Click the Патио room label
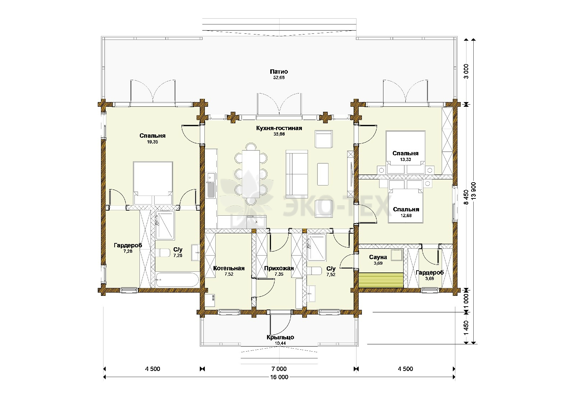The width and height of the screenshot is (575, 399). click(279, 72)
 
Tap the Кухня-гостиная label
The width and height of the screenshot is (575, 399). click(279, 128)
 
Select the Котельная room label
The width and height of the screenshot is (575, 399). click(229, 268)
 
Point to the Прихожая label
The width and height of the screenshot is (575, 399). click(279, 268)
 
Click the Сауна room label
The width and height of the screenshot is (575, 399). click(378, 257)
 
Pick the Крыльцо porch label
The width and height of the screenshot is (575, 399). click(280, 337)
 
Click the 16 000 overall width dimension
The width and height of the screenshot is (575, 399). click(279, 377)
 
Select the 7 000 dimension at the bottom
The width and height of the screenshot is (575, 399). click(279, 369)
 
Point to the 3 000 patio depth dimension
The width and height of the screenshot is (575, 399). click(466, 72)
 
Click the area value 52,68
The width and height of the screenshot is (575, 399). click(279, 78)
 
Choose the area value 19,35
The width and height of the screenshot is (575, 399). click(152, 142)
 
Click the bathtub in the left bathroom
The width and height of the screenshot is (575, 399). click(178, 280)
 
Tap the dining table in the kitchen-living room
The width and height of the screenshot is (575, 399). click(250, 174)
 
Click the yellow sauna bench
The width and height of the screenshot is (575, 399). click(381, 280)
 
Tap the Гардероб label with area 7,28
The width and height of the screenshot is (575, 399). click(128, 245)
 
